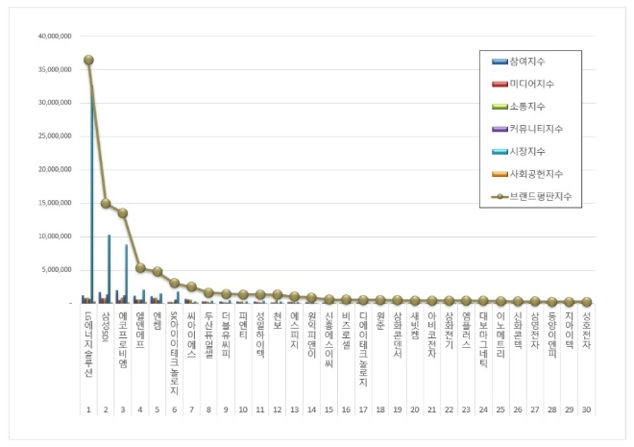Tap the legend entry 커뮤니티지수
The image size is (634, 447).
[538, 129]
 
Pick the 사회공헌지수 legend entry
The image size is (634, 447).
[538, 173]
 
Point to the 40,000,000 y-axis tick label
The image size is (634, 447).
[59, 36]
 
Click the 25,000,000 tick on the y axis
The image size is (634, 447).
[59, 136]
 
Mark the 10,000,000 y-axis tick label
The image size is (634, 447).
[59, 236]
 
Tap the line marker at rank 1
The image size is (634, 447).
[88, 60]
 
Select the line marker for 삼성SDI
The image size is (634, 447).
[106, 204]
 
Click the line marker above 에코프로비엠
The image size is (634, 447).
[122, 212]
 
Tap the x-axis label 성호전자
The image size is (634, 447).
[586, 332]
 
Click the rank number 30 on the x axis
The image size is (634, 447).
[586, 409]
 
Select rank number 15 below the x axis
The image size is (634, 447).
[329, 409]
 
